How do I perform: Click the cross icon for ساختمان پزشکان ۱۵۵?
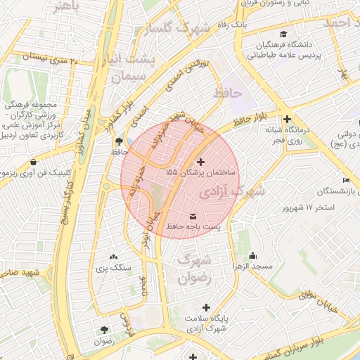[x=200, y=162]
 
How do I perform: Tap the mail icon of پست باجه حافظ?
[x=193, y=215]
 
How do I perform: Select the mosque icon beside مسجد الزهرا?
[x=253, y=255]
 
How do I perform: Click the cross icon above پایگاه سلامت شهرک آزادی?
[x=206, y=307]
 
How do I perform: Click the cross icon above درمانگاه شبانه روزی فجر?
[x=287, y=120]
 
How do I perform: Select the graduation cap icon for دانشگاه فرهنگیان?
[x=283, y=34]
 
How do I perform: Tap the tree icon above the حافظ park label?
[x=117, y=141]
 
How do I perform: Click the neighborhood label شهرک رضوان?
[x=195, y=269]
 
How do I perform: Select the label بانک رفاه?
[x=234, y=25]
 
